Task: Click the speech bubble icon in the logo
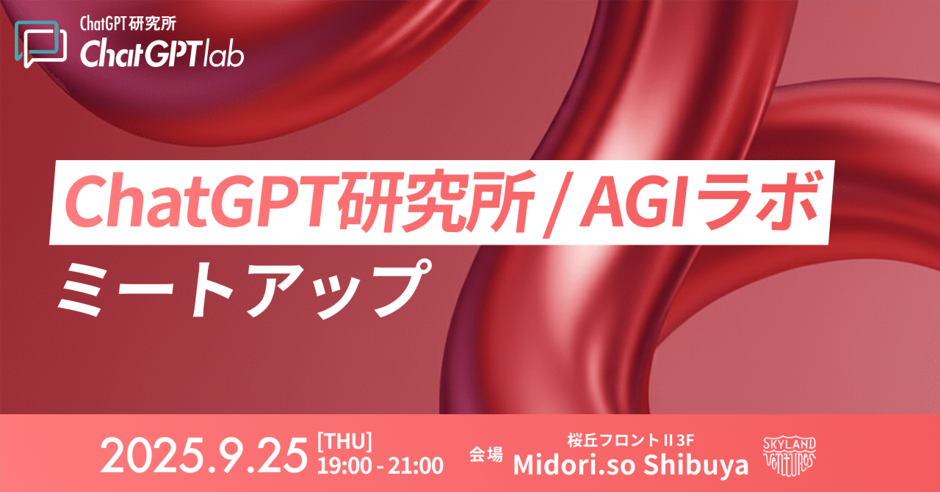pyautogui.click(x=40, y=43)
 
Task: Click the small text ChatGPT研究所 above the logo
pyautogui.click(x=128, y=24)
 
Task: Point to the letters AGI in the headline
pyautogui.click(x=633, y=200)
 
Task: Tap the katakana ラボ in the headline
pyautogui.click(x=754, y=201)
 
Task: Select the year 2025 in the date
pyautogui.click(x=156, y=456)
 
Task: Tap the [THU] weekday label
pyautogui.click(x=344, y=441)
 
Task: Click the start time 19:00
pyautogui.click(x=344, y=466)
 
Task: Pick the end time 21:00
pyautogui.click(x=416, y=466)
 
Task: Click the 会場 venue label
pyautogui.click(x=486, y=454)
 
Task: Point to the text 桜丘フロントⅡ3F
pyautogui.click(x=631, y=440)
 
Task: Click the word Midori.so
pyautogui.click(x=574, y=465)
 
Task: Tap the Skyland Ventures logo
pyautogui.click(x=789, y=457)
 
